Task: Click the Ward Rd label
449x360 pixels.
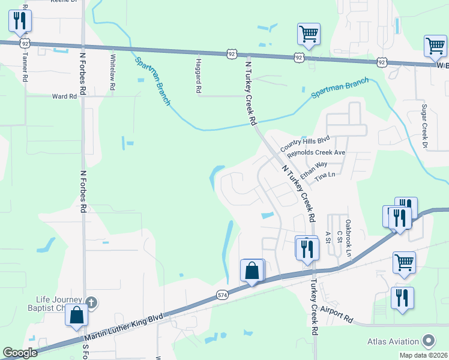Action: click(65, 96)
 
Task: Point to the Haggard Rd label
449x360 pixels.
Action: click(197, 74)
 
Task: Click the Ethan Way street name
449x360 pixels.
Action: click(314, 170)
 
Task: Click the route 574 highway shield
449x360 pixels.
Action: click(222, 295)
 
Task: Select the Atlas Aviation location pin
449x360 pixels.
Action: click(428, 341)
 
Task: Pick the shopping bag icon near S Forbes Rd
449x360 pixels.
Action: click(77, 315)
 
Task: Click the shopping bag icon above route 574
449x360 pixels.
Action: click(252, 271)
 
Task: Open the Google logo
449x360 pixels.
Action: click(20, 353)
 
